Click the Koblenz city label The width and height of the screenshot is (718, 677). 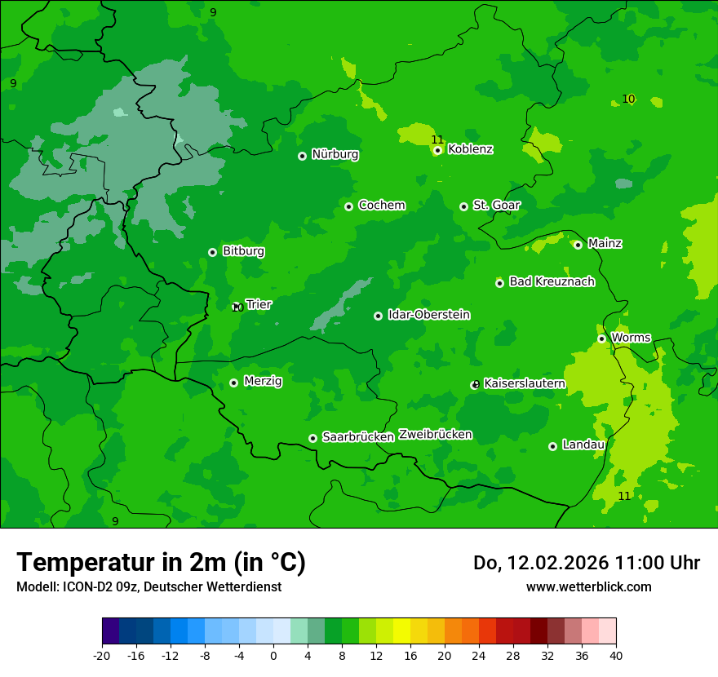pos(470,149)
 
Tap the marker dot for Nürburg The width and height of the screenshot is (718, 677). pos(302,156)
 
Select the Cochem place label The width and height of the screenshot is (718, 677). pos(381,206)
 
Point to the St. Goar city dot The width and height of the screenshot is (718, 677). pos(463,206)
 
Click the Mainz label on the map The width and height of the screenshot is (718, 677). pos(605,243)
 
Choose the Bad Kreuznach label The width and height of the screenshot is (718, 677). pos(552,281)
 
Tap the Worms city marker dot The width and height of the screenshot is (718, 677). pos(601,338)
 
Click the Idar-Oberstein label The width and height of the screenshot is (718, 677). pos(428,315)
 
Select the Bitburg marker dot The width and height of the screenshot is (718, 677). pos(212,252)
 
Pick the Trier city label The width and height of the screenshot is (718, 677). pos(259,304)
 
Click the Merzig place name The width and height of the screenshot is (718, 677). pos(263,381)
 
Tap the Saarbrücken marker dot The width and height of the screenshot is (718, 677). pos(312,438)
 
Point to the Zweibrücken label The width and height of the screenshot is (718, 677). pos(435,435)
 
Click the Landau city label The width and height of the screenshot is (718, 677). pos(583,445)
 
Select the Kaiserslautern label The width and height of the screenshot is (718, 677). pos(525,383)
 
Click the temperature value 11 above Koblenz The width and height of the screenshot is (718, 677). pos(437,139)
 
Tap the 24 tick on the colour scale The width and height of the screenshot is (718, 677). pos(479,655)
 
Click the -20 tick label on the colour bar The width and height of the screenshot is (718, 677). pos(102,655)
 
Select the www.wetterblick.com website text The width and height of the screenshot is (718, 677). pos(588,586)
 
